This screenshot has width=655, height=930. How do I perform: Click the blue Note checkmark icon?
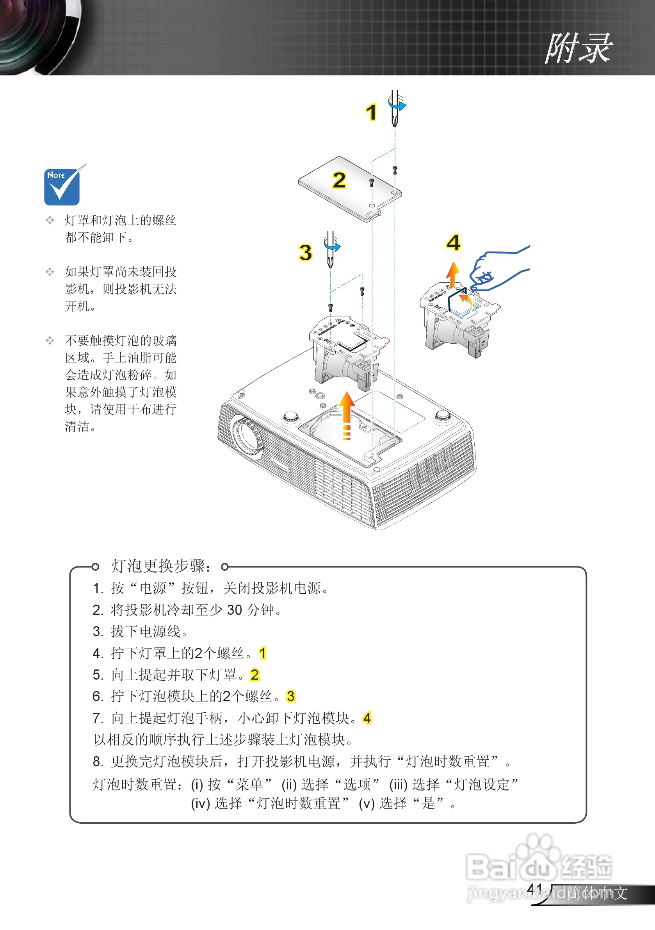coord(62,187)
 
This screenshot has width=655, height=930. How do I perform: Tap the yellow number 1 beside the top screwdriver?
coord(371,112)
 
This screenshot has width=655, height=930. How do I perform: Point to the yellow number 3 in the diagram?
coord(306,252)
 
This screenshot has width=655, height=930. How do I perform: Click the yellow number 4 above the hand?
coord(454,243)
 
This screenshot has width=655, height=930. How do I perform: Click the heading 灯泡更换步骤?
coord(161,566)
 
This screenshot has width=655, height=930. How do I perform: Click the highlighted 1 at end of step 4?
coord(262,653)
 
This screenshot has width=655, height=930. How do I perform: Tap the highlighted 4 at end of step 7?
coord(367,718)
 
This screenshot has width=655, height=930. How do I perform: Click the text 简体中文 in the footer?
coord(597,893)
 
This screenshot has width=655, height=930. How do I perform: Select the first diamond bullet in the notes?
coord(50,220)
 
